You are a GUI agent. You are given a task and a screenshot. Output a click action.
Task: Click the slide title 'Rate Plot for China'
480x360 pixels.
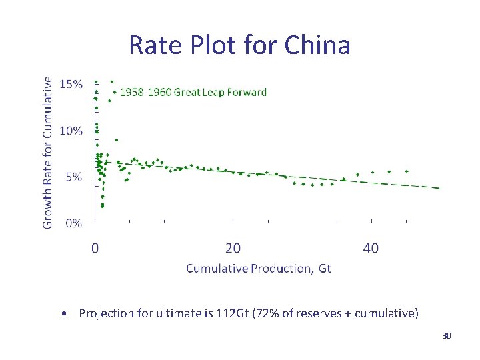point(239,45)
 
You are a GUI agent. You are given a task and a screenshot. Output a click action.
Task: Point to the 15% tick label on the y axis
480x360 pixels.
point(71,84)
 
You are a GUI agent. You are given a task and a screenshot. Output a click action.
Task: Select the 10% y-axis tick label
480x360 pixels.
point(71,131)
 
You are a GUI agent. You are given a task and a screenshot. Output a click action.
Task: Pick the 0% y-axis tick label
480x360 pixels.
point(73,223)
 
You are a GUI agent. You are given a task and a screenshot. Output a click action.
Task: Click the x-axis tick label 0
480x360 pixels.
point(95,249)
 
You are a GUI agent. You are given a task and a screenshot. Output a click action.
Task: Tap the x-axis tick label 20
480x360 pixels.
point(233,249)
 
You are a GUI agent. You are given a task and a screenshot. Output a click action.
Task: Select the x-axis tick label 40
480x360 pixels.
point(371,249)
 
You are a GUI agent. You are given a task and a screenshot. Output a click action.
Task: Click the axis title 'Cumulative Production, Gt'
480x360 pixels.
point(258,268)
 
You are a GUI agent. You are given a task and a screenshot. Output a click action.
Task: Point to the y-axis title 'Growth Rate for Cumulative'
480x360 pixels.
point(47,152)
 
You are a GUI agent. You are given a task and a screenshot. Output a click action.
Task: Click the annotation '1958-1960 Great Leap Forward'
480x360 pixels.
point(193,93)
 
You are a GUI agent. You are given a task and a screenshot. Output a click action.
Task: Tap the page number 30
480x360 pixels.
point(447,335)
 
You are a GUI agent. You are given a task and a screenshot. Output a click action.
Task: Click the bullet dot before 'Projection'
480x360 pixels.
point(61,313)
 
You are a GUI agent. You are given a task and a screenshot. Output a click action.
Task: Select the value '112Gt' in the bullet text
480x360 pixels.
point(231,313)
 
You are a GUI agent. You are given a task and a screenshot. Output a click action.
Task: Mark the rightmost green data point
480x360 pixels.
point(407,171)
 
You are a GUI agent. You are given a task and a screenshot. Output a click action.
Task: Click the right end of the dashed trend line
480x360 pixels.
point(439,188)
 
